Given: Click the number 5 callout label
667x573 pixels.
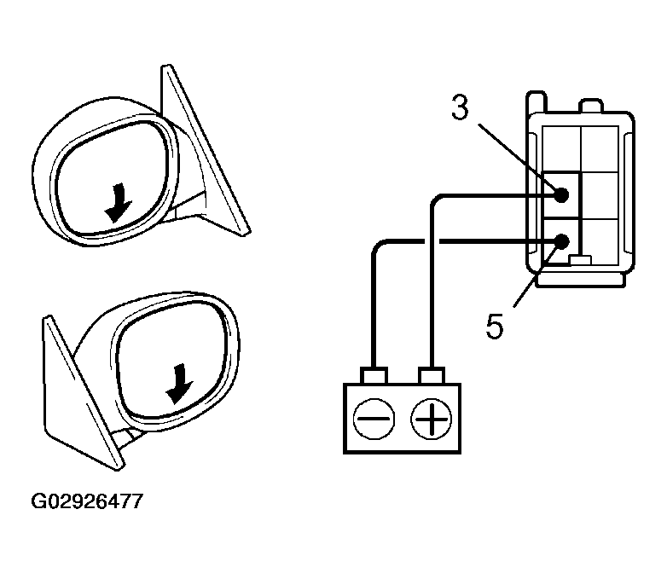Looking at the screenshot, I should tap(495, 327).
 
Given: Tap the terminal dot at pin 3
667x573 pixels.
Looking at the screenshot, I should tap(562, 195).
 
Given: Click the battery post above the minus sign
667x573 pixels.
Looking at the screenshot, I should tap(374, 375).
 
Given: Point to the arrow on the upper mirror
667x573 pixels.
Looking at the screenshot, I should tap(116, 202).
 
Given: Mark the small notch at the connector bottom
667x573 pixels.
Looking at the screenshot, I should tap(580, 259).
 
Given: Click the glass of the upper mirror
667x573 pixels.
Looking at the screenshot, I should tap(111, 175).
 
